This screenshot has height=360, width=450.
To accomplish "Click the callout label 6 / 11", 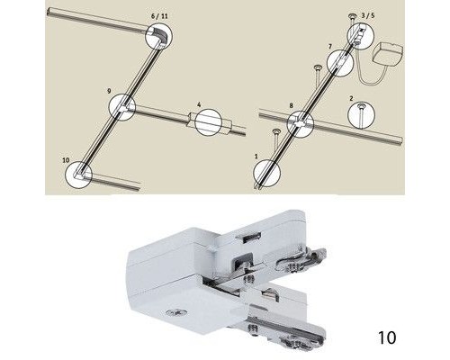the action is [x=159, y=16].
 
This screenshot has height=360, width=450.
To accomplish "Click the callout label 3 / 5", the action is [x=368, y=15].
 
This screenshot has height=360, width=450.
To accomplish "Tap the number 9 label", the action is [x=109, y=91].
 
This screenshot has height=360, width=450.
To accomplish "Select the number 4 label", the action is [x=199, y=104].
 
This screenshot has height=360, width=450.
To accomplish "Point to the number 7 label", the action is [x=330, y=47].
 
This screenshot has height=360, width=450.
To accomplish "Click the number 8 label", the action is [x=291, y=105].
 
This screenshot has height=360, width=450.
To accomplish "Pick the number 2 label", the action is [x=351, y=98].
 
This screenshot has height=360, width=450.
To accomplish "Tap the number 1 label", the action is [x=256, y=157].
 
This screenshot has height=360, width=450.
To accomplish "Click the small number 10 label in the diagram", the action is [x=66, y=160].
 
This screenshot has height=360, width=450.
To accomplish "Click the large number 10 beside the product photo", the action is [x=387, y=337].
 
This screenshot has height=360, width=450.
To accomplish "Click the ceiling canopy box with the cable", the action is [x=387, y=54].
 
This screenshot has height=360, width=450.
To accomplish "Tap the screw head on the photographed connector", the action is [x=176, y=314].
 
